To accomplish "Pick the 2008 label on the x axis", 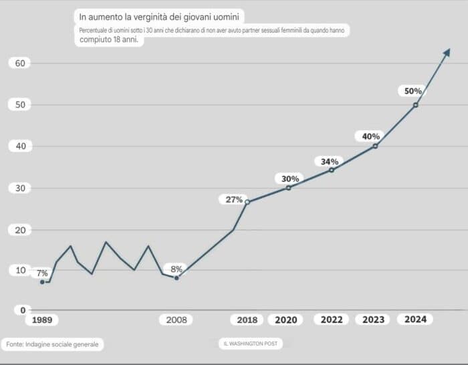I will coord(177,320).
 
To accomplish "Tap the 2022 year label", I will coord(331,320).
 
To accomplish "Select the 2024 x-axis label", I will coord(415,320).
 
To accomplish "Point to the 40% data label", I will coord(371,136).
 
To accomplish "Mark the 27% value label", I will coord(234,199).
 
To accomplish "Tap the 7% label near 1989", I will coord(42,273).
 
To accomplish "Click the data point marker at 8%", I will coord(177,277).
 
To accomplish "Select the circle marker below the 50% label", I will coord(415,105).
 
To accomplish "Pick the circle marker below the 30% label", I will coord(288,188).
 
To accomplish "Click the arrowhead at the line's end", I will coord(447,53).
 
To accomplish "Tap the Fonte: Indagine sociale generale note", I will coord(52,344).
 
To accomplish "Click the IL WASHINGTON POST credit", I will coord(251,344).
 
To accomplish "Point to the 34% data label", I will coord(330,161).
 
